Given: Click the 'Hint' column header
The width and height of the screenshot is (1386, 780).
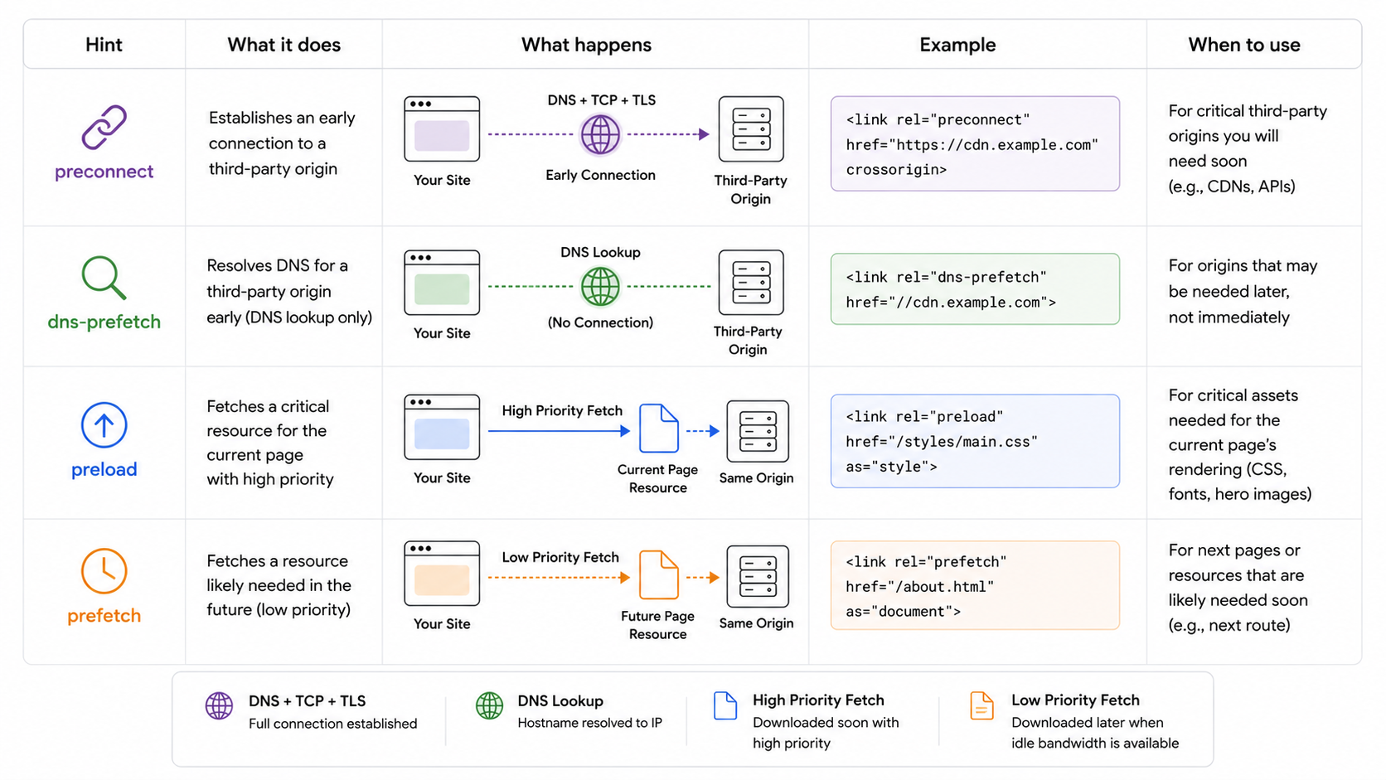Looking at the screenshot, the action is coord(104,45).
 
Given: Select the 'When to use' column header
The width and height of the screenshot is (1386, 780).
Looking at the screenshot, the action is coord(1243,45).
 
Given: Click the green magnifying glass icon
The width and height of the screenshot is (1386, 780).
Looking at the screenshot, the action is coord(104,278).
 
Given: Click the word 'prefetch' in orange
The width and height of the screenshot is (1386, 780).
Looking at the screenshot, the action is coord(104,616).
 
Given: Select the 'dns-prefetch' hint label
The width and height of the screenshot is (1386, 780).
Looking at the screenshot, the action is coord(104,322).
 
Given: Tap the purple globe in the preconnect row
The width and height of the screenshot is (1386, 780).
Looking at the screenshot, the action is coord(599,135).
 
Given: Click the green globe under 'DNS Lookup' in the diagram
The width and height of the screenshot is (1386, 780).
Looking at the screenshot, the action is coord(599,287).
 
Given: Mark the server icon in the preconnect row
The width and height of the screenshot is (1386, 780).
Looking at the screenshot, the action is coord(750,129).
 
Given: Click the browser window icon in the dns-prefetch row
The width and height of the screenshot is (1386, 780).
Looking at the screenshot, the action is coord(442,283).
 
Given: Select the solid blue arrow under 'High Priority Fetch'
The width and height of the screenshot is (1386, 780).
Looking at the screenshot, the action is coord(560,431).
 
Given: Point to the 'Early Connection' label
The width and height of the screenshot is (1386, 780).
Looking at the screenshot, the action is coord(600,175).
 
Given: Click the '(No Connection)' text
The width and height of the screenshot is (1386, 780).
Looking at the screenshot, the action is coord(600,322).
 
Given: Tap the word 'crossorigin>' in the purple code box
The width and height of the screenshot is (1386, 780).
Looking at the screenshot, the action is coord(897,169).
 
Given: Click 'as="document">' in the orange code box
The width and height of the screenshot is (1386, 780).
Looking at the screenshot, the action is coord(904,611).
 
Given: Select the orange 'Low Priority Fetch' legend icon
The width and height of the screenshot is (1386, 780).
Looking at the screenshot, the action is coord(981,705).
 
